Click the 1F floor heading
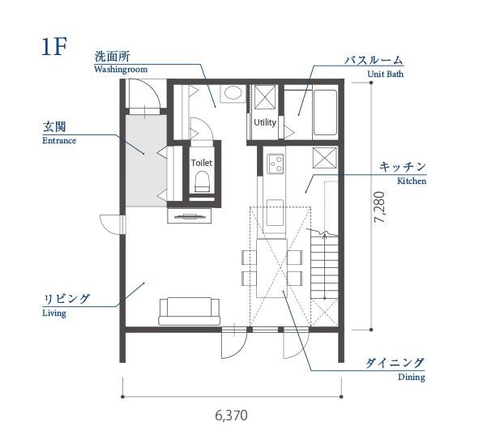click(53, 46)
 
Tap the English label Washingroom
click(120, 70)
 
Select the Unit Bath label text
click(385, 74)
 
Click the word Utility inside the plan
click(264, 122)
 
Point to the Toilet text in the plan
click(201, 162)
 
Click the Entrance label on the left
click(58, 140)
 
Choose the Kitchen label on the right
click(411, 181)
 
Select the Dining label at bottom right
click(411, 377)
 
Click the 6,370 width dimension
click(231, 415)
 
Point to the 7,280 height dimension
click(380, 209)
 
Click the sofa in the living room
click(189, 310)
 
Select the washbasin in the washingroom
click(231, 93)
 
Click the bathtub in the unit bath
click(324, 113)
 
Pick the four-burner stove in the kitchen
click(276, 164)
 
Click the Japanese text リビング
click(66, 299)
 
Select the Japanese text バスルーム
click(374, 61)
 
